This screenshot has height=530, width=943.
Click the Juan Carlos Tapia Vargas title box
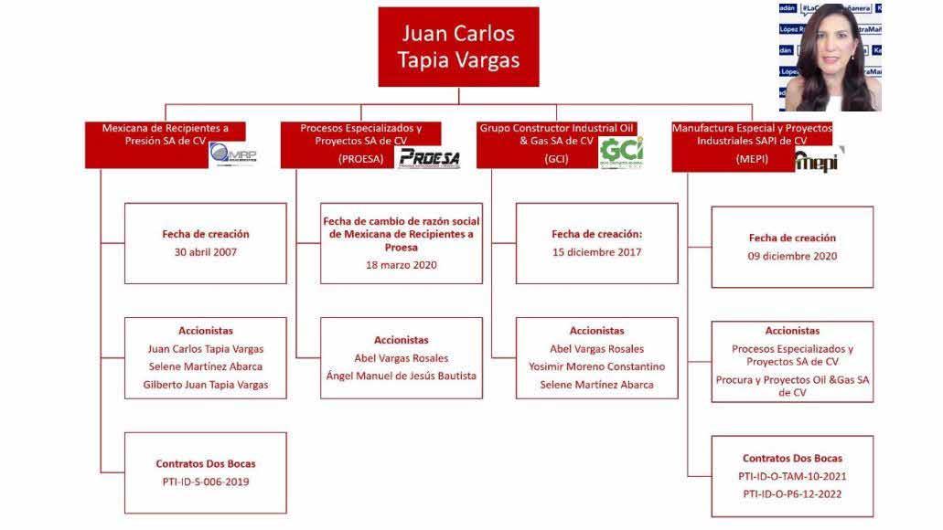tap(458, 47)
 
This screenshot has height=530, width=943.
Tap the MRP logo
tap(233, 154)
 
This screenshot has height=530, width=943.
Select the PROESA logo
tap(428, 157)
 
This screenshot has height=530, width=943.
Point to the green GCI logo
tap(621, 152)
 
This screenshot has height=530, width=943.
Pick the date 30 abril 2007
tap(205, 252)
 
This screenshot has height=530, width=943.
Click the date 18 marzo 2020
tap(401, 265)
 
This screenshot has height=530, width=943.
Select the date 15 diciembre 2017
tap(596, 252)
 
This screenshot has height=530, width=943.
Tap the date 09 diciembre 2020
tap(792, 256)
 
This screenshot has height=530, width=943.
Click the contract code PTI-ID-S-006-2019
tap(205, 482)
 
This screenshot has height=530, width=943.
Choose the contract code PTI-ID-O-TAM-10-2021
tap(792, 476)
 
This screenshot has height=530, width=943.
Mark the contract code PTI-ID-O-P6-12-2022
tap(792, 494)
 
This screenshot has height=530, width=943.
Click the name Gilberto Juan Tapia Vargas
tap(205, 385)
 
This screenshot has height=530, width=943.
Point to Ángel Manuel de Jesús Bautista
tap(401, 376)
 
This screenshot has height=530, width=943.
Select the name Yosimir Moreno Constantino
tap(596, 366)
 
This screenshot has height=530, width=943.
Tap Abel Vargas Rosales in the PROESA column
tap(401, 358)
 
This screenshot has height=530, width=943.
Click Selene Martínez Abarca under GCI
tap(596, 385)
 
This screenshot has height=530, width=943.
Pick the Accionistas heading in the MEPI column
tap(792, 331)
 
